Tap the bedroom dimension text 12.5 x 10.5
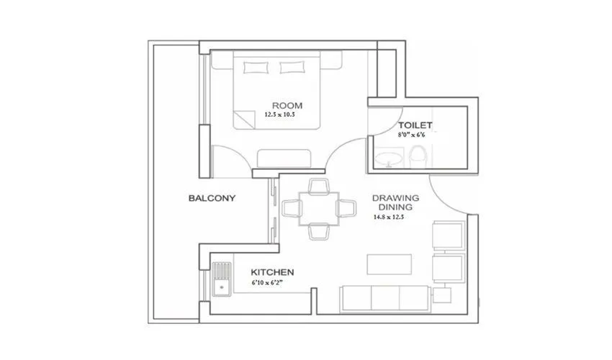tap(280, 114)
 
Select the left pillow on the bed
tap(256, 67)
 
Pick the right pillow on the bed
tap(292, 67)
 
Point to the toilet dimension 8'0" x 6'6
tap(413, 133)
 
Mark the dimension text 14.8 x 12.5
tap(389, 217)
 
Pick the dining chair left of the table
tap(294, 209)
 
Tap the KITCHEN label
tap(272, 272)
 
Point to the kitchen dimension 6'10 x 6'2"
tap(272, 284)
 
